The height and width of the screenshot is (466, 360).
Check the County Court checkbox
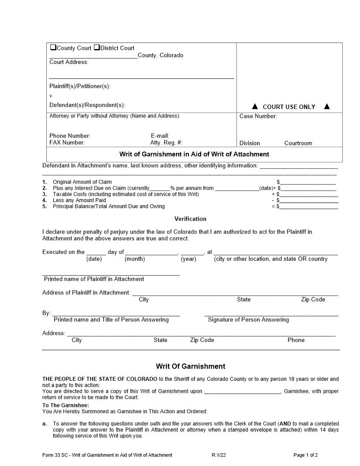53,48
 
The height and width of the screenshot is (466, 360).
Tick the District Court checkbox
97,48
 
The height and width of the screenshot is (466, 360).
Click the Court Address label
69,62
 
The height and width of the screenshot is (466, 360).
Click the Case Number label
258,116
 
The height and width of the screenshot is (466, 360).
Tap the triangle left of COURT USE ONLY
255,106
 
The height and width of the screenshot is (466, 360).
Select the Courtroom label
298,143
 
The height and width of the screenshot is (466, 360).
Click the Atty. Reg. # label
166,143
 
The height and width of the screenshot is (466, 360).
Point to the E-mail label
160,136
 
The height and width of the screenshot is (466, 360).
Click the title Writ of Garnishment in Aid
194,154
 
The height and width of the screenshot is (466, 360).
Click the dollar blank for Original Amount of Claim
307,182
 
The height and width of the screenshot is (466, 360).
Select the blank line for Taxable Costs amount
309,194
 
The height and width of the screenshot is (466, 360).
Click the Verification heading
190,218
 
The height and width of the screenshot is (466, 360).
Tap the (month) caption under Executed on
135,259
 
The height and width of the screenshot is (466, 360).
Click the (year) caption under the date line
188,259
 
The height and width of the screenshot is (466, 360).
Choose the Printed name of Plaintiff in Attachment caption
94,279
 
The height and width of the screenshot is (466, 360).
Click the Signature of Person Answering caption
248,319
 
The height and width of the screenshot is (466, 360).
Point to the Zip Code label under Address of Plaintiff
313,299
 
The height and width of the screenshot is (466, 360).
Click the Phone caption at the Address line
296,340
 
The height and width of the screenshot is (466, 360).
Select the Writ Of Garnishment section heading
190,366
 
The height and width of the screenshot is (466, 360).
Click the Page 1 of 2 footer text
305,455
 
